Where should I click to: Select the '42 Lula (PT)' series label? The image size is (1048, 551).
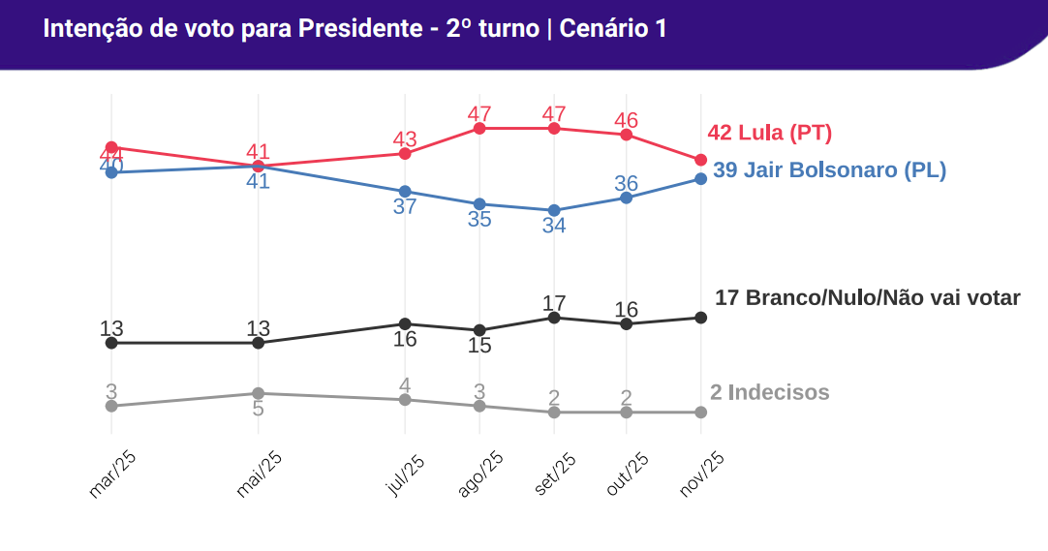click(x=770, y=133)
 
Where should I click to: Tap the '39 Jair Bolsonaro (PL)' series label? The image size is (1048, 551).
click(x=829, y=170)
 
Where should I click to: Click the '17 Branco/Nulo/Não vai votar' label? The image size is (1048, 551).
click(x=867, y=297)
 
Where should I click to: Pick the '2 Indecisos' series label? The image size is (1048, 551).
click(x=769, y=392)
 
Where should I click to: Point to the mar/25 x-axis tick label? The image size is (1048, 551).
click(x=111, y=474)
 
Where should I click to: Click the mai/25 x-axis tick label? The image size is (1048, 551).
click(x=259, y=474)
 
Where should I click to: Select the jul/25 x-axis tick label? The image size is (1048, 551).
click(x=406, y=474)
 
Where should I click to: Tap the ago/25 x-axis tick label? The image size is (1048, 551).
click(x=479, y=474)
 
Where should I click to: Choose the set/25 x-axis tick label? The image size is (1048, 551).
click(x=555, y=474)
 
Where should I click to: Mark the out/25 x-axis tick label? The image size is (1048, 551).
click(x=627, y=474)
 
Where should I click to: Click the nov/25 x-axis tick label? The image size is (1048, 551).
click(x=701, y=474)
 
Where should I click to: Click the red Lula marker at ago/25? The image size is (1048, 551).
click(x=479, y=128)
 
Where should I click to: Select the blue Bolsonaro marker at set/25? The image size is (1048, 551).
click(x=554, y=210)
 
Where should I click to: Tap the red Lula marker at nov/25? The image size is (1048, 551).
click(x=701, y=160)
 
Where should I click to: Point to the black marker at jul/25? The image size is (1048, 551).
click(x=405, y=323)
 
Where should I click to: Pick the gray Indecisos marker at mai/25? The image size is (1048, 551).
click(x=258, y=393)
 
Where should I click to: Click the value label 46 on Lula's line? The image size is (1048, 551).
click(x=627, y=120)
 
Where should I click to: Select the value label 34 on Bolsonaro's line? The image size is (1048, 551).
click(x=554, y=226)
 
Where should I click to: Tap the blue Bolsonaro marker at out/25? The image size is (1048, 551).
click(x=627, y=198)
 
